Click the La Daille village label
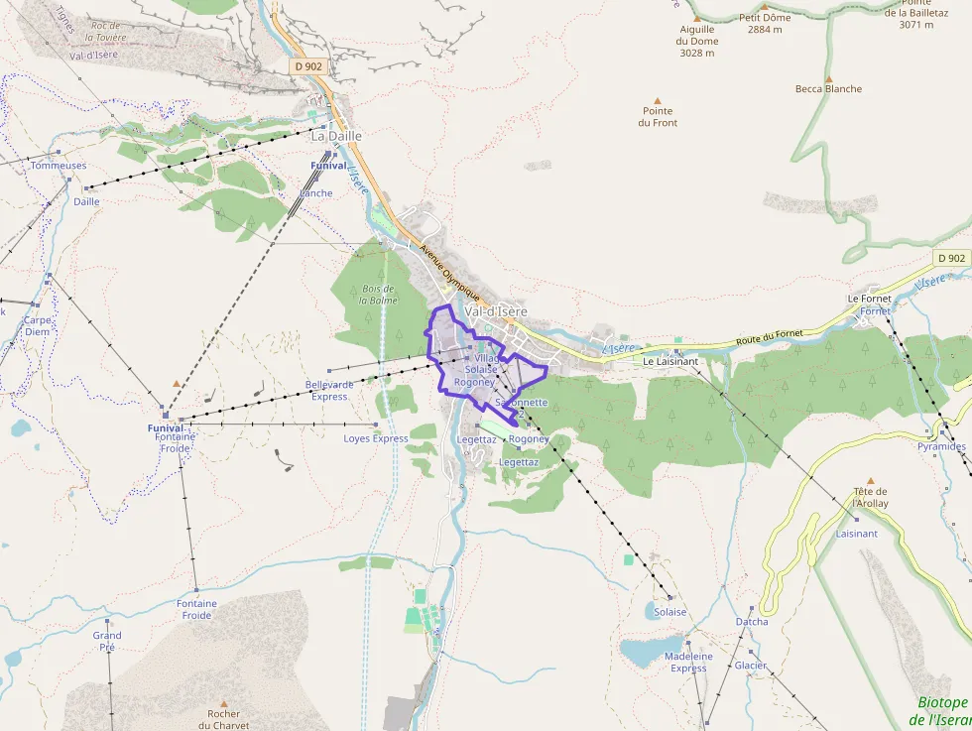336,136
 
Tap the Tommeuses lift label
59,166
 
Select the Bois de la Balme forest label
378,294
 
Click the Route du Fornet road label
769,338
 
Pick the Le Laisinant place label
670,361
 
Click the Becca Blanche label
828,88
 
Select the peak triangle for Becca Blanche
828,77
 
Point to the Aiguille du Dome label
696,41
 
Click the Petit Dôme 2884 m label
764,24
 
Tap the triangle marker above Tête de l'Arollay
870,480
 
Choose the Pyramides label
941,446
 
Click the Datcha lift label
751,622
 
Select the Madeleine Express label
688,662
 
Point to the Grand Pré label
107,641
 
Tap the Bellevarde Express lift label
329,390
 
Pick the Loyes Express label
376,438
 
